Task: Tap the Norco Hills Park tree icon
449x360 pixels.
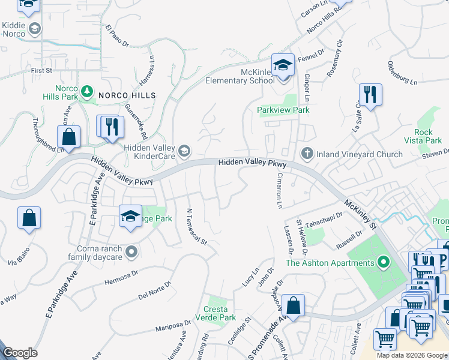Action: coord(88,91)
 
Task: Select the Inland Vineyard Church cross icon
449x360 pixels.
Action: coord(307,154)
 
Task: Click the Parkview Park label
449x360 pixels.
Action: coord(283,110)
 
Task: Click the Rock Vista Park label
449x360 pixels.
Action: coord(432,136)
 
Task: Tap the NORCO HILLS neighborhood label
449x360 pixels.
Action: coord(127,95)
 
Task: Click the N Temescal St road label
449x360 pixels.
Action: coord(196,227)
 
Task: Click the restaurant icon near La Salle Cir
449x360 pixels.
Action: coord(370,95)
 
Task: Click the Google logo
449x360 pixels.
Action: coord(20,353)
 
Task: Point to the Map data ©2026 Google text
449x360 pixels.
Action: coord(411,355)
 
